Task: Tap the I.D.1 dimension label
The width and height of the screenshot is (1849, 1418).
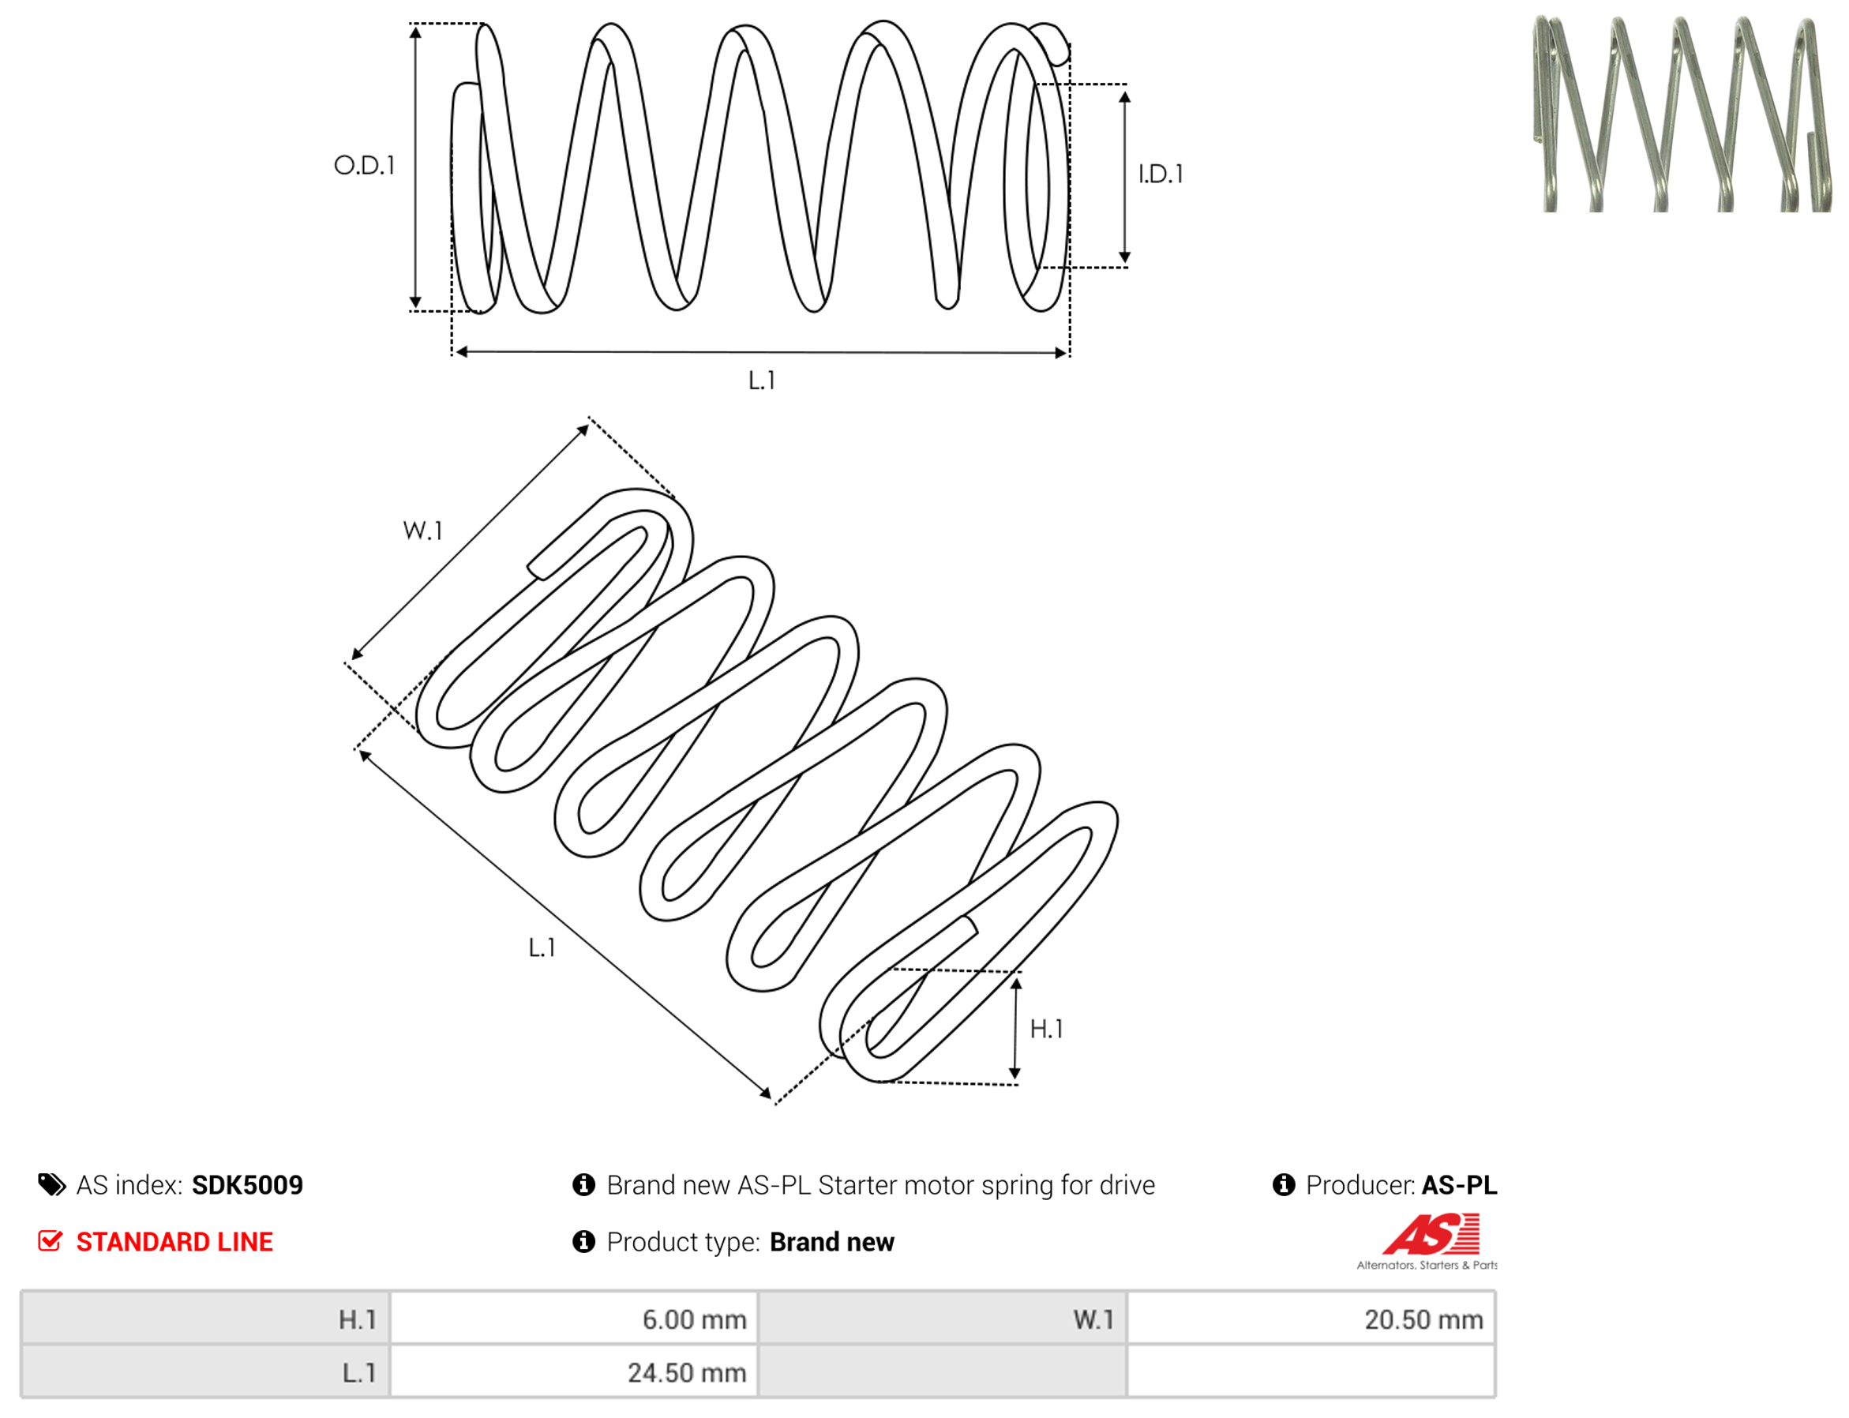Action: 1161,174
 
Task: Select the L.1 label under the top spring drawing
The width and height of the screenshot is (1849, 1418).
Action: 761,381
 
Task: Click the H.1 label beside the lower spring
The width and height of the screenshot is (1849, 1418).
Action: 1046,1029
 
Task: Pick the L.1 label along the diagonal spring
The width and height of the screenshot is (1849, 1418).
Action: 542,948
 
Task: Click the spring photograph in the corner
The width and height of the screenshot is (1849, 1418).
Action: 1681,113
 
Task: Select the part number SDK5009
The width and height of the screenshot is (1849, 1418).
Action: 247,1186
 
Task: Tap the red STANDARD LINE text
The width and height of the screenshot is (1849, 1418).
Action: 174,1243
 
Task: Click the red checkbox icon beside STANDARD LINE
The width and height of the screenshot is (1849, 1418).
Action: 51,1241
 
